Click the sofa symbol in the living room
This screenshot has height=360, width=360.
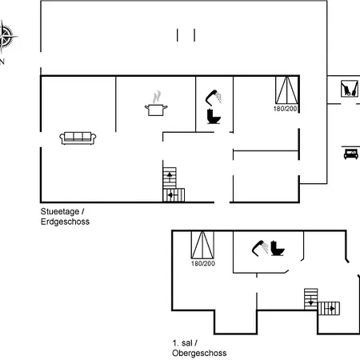pos(78,138)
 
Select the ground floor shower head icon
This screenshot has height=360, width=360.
pos(214,97)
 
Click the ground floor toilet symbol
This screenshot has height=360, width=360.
pos(214,116)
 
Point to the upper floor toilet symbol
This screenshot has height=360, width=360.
pos(278,248)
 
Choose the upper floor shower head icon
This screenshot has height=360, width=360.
pos(260,248)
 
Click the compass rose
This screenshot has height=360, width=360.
pos(6,37)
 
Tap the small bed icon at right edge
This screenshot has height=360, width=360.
pos(350,154)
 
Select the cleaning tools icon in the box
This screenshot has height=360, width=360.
pos(350,89)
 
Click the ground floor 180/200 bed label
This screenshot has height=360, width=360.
pos(285,109)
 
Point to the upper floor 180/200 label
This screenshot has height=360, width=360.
pos(203,263)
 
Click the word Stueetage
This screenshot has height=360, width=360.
pos(60,211)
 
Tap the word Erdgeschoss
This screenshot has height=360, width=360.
pos(65,222)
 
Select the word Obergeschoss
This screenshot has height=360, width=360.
pos(199,353)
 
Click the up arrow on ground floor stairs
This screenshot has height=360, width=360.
pos(170,177)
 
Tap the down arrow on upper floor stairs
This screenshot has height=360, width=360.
pos(311,301)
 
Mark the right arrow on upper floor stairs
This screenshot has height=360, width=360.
pos(330,309)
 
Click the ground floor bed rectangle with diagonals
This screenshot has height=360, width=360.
pos(286,90)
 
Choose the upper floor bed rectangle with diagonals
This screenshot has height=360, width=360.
pos(202,245)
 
